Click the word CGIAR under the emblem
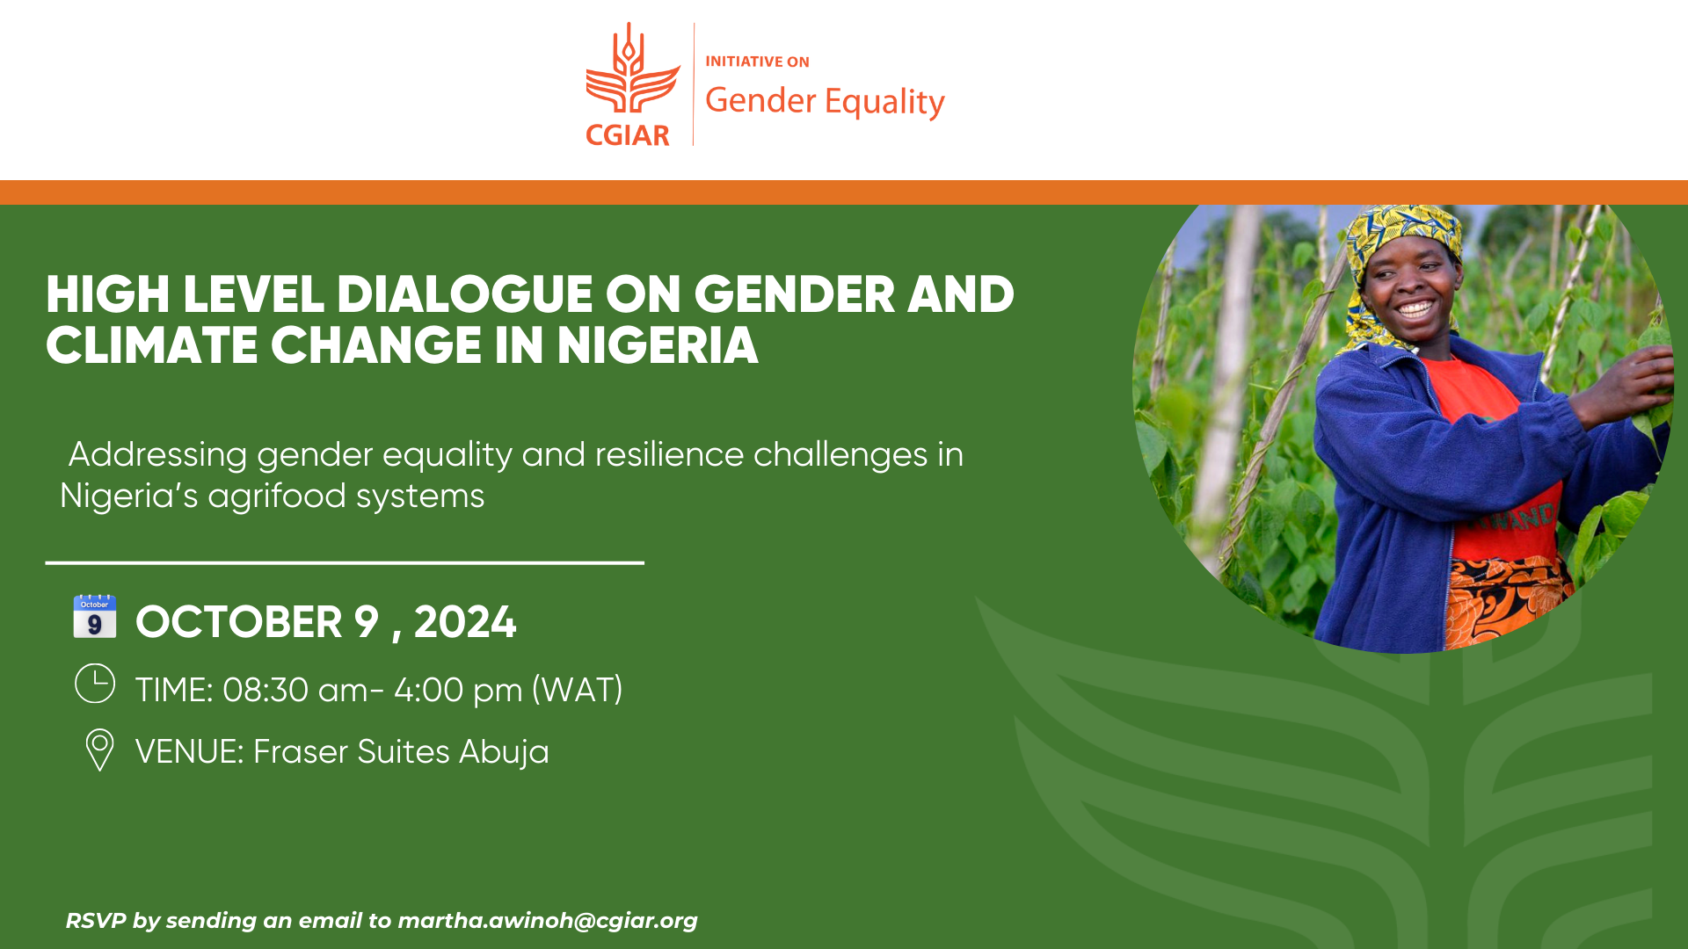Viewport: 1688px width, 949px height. pyautogui.click(x=628, y=135)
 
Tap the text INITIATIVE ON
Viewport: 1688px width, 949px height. pyautogui.click(x=757, y=62)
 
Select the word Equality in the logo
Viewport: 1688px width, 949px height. pyautogui.click(x=884, y=102)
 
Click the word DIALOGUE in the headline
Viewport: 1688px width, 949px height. pyautogui.click(x=464, y=294)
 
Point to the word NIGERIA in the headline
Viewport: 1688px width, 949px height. pyautogui.click(x=657, y=345)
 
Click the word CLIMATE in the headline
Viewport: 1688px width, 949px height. pyautogui.click(x=151, y=345)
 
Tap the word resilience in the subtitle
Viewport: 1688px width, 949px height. pyautogui.click(x=669, y=454)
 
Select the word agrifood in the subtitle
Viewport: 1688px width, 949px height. pyautogui.click(x=277, y=496)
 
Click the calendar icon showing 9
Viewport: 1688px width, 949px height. pyautogui.click(x=94, y=616)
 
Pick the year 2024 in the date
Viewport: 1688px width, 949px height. pyautogui.click(x=465, y=622)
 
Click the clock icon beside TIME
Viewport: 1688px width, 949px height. pyautogui.click(x=95, y=684)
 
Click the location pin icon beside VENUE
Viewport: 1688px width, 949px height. pyautogui.click(x=99, y=750)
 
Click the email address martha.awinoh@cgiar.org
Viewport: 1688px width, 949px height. pyautogui.click(x=548, y=921)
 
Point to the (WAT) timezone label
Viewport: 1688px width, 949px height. pyautogui.click(x=578, y=691)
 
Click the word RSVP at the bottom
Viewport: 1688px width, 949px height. pyautogui.click(x=96, y=921)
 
